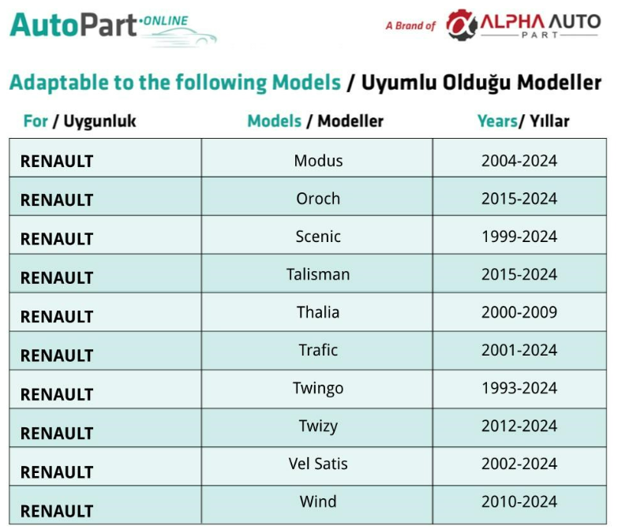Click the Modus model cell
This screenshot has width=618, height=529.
click(x=318, y=161)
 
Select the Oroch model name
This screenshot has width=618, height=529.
click(x=318, y=199)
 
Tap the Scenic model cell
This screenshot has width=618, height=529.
click(x=318, y=237)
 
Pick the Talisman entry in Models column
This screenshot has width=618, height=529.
click(x=318, y=274)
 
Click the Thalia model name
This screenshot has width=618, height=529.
click(x=318, y=312)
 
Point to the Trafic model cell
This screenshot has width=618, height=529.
click(x=318, y=350)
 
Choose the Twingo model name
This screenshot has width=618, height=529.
click(x=318, y=388)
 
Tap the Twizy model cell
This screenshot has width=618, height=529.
click(x=318, y=427)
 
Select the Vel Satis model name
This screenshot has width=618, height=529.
click(x=318, y=464)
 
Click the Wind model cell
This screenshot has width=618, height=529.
click(x=318, y=501)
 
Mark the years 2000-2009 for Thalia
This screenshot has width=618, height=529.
click(x=519, y=312)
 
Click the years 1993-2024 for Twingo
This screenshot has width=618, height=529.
click(x=519, y=388)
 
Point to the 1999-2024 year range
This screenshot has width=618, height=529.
click(x=519, y=237)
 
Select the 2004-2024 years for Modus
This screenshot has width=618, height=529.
click(x=519, y=161)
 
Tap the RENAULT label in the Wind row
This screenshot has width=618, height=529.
click(x=57, y=512)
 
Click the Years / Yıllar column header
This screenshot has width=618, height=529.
click(x=523, y=121)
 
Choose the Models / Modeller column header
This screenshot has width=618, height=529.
click(x=315, y=121)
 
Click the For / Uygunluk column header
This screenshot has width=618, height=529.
click(x=80, y=121)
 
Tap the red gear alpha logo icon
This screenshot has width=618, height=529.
click(x=461, y=24)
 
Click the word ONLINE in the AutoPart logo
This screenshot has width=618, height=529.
click(x=165, y=20)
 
